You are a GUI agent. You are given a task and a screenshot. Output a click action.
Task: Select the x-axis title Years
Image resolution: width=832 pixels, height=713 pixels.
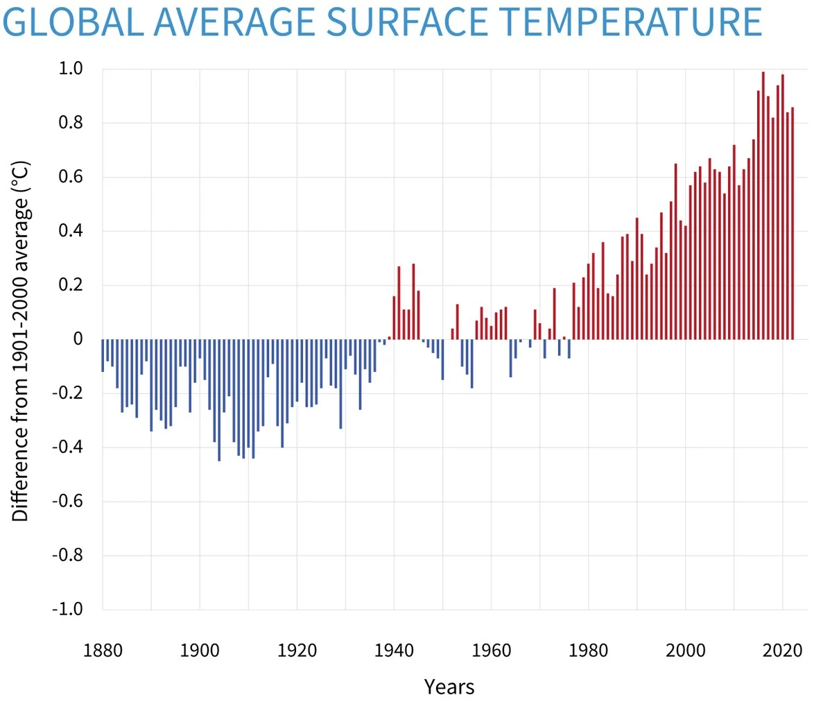[449, 687]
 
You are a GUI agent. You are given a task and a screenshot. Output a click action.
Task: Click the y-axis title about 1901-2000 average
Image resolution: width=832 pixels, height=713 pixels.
[20, 341]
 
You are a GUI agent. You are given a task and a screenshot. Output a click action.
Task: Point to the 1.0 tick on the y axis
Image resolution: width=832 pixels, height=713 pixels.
[70, 69]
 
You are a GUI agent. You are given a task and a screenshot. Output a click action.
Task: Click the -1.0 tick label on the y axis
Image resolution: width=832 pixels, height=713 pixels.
[67, 609]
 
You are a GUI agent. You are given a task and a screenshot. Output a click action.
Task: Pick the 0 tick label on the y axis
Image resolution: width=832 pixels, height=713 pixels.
[78, 338]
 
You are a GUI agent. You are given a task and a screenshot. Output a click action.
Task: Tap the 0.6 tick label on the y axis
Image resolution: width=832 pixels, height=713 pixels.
[70, 177]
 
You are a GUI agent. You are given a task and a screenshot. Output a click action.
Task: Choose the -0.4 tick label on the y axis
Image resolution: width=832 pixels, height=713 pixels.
[67, 447]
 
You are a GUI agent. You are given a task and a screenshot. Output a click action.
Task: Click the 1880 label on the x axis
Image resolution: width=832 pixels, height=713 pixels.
[103, 651]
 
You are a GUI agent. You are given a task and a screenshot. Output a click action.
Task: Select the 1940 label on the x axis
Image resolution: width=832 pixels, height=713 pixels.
[394, 651]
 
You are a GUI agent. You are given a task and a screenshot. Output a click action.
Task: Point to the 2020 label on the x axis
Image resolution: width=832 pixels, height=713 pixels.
[782, 651]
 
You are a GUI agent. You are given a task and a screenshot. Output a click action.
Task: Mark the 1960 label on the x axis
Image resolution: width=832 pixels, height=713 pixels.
[491, 651]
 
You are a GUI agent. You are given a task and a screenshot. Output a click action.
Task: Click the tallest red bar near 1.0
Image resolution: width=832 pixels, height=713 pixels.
[763, 208]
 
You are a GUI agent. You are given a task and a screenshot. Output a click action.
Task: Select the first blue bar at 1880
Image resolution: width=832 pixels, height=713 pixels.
[103, 355]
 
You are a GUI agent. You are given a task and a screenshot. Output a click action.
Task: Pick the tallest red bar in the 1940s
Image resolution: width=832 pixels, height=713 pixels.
[413, 302]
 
